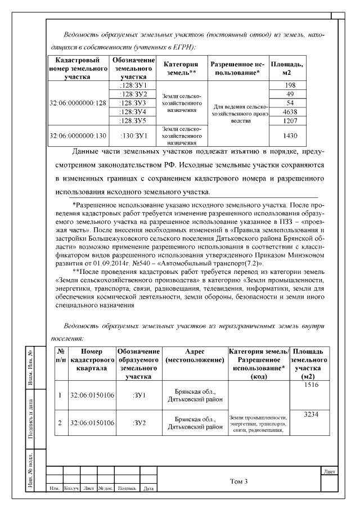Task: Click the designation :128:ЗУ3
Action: point(133,103)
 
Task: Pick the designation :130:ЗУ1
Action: point(133,136)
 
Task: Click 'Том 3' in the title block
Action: point(239,481)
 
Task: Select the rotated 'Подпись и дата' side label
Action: point(37,418)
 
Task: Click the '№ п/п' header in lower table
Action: point(60,355)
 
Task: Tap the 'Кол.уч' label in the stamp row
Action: point(71,489)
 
